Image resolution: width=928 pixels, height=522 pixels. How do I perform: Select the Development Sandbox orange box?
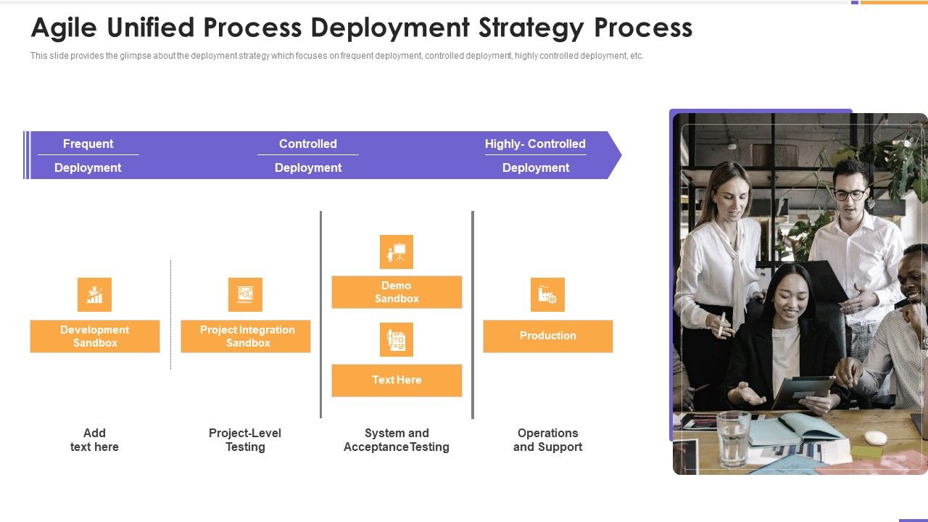[x=95, y=336]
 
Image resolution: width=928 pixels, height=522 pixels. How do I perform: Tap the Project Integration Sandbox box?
[x=246, y=336]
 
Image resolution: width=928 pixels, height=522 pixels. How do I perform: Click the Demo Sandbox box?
[x=397, y=292]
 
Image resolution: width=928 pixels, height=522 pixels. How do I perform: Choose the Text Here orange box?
[x=397, y=380]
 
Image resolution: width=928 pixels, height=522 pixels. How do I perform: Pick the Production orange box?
[x=547, y=336]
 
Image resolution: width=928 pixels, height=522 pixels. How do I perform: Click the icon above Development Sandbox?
[x=95, y=294]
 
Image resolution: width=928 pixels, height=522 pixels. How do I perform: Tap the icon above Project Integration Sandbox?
[x=245, y=294]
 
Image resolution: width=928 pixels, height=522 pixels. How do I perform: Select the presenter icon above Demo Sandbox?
[x=397, y=252]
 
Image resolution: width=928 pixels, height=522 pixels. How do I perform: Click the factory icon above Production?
[x=547, y=294]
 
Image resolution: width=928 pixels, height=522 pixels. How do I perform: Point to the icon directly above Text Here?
[x=397, y=339]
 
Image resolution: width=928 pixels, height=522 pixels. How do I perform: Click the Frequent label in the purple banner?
[x=88, y=144]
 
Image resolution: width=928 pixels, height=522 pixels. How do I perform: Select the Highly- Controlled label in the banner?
[x=535, y=144]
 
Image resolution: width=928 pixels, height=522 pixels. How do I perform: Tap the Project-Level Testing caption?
[x=245, y=439]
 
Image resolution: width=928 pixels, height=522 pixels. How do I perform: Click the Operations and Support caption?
[x=547, y=439]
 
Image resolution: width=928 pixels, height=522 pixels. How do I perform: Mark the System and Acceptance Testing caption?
[x=397, y=439]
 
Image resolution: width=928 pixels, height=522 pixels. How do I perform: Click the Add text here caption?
[x=94, y=439]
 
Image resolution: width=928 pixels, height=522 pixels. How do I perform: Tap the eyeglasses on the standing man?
[x=849, y=194]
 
